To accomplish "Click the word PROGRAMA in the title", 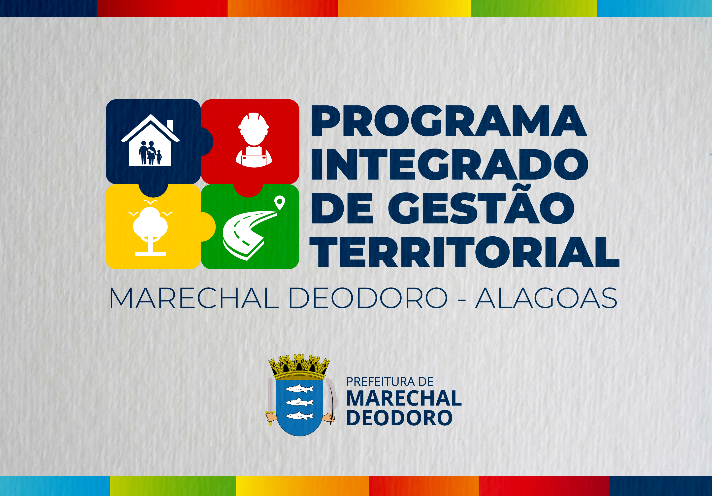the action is pyautogui.click(x=449, y=121).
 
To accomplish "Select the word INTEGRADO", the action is pyautogui.click(x=450, y=164).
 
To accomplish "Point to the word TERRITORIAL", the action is pyautogui.click(x=464, y=252).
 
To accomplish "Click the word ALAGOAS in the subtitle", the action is pyautogui.click(x=546, y=298).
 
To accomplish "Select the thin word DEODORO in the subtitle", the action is pyautogui.click(x=368, y=298).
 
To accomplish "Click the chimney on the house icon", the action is pyautogui.click(x=170, y=125).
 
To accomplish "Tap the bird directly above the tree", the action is pyautogui.click(x=150, y=202).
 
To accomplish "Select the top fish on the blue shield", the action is pyautogui.click(x=299, y=388).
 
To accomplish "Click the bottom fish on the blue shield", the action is pyautogui.click(x=299, y=416).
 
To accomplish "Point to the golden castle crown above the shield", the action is pyautogui.click(x=299, y=367).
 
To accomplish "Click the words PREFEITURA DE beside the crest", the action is pyautogui.click(x=390, y=382).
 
